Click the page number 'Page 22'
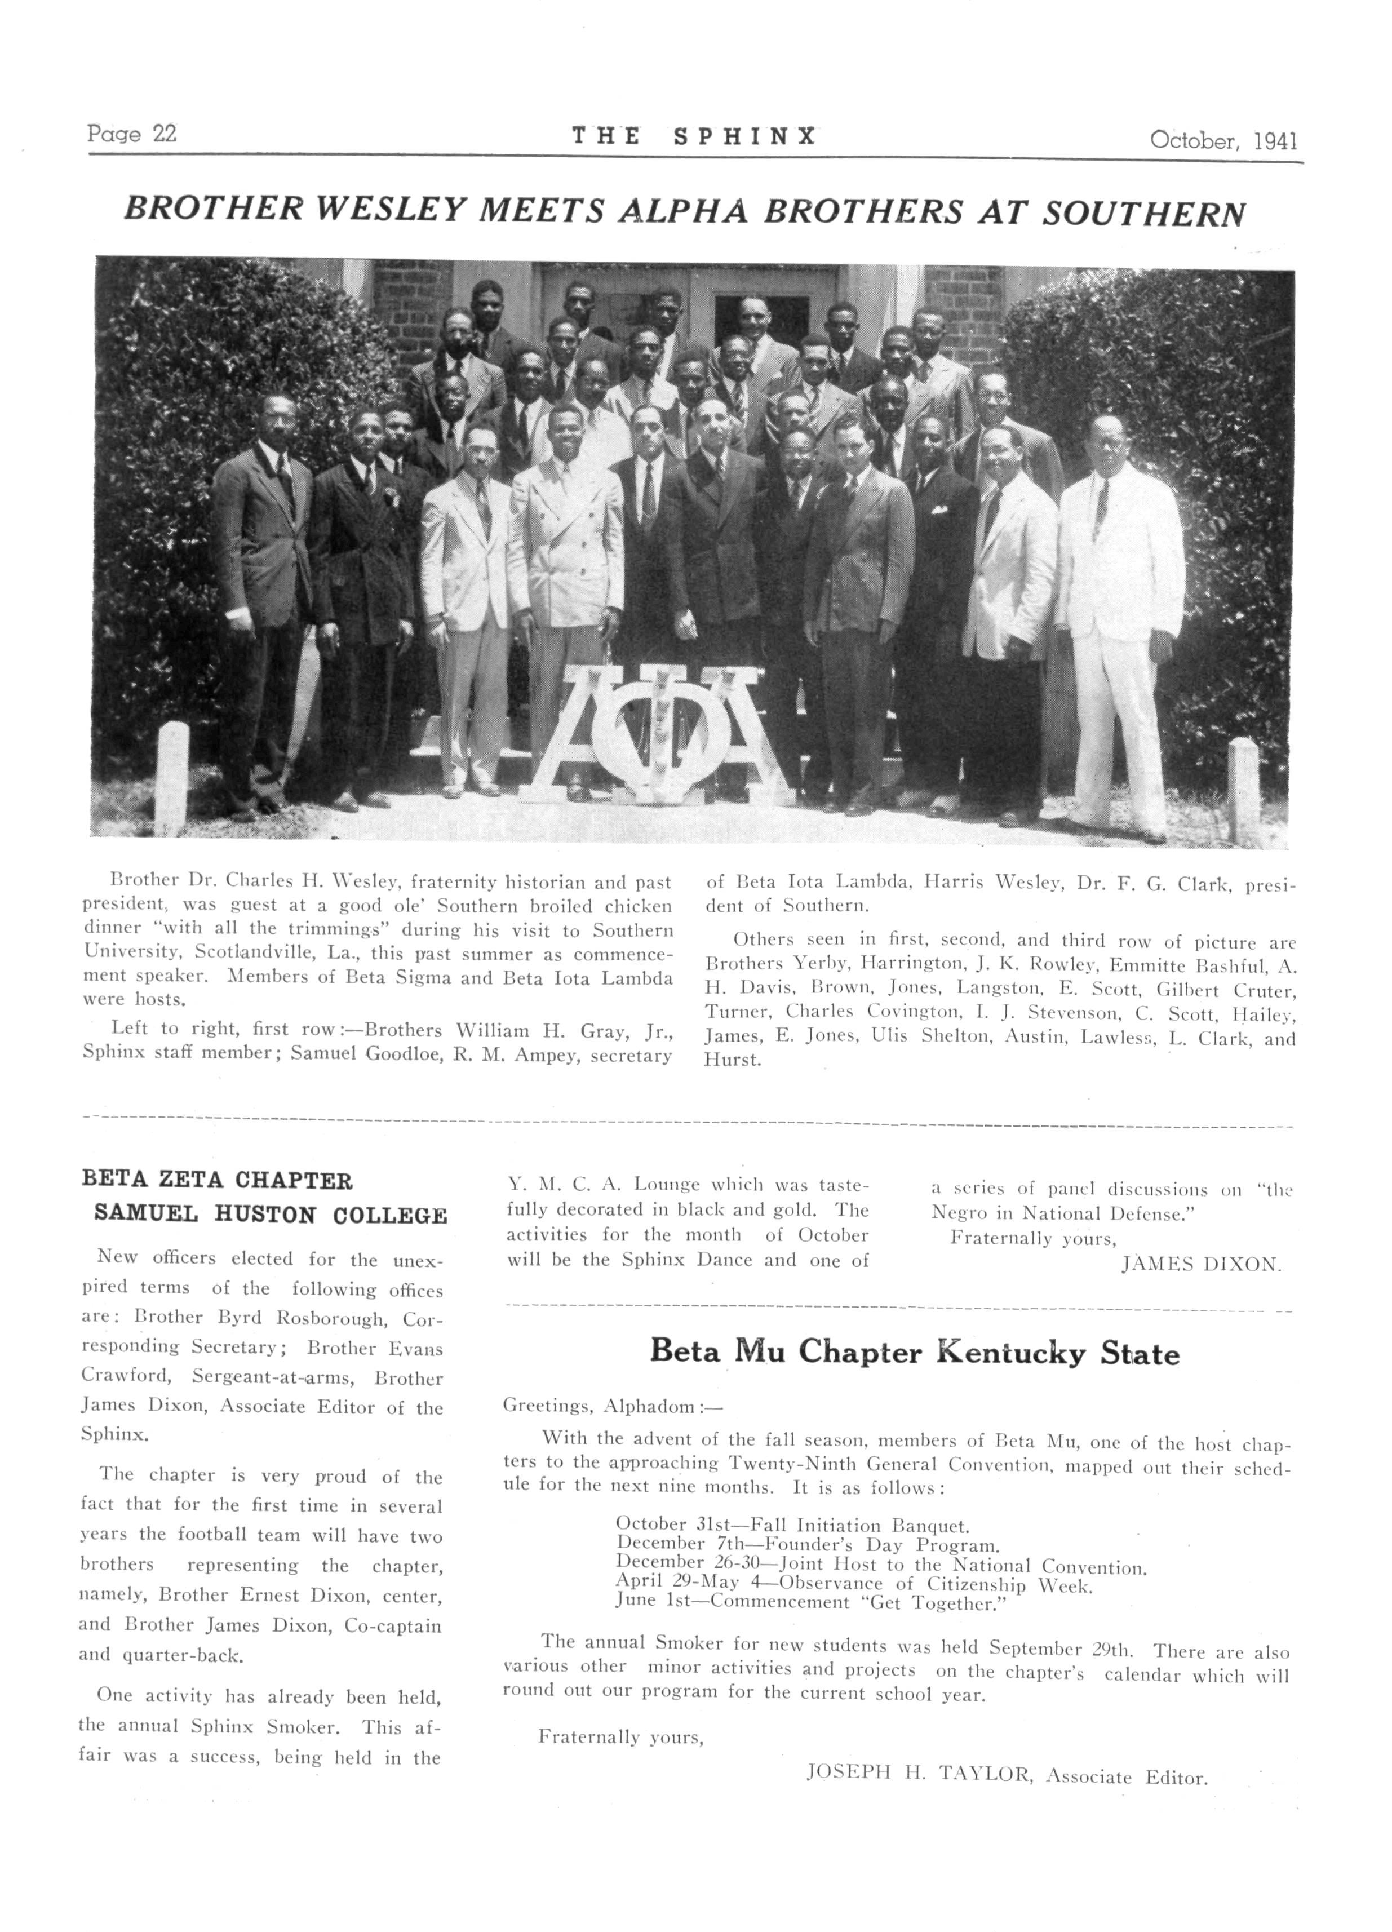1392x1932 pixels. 131,134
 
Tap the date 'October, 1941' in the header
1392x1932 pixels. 1224,140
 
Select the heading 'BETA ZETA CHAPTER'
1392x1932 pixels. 217,1181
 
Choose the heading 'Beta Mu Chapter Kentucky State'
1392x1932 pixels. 914,1354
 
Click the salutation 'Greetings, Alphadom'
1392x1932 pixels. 611,1404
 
